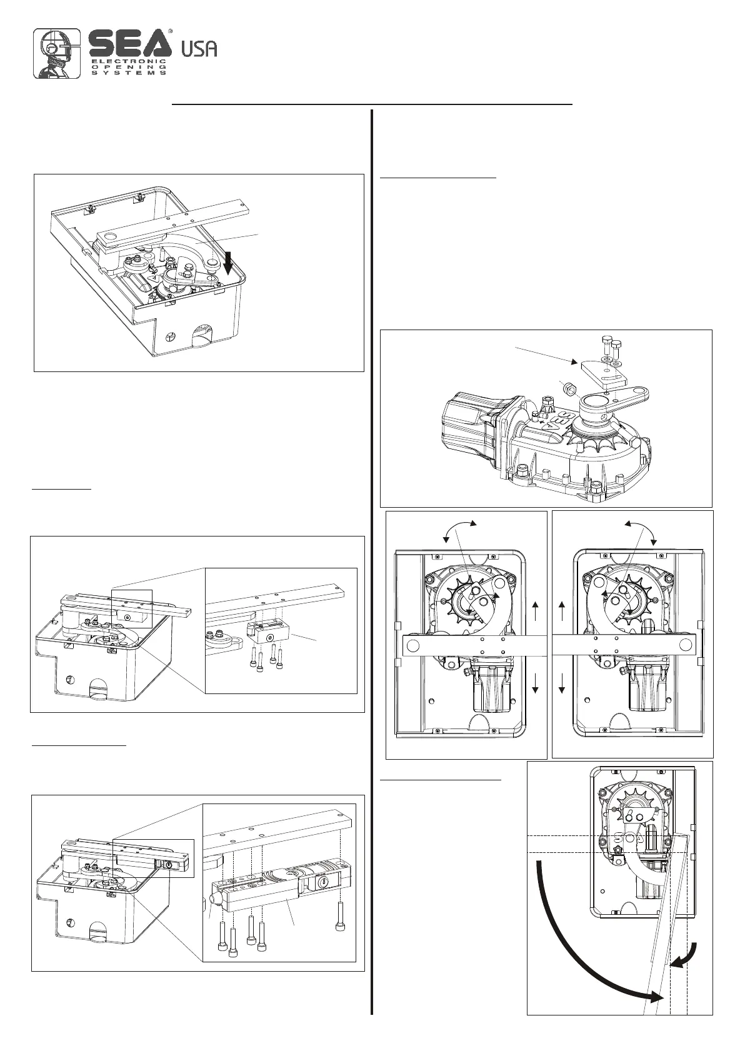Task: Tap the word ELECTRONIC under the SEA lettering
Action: coord(129,61)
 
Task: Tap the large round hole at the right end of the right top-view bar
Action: coord(686,645)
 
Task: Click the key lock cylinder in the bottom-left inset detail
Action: coord(324,880)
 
